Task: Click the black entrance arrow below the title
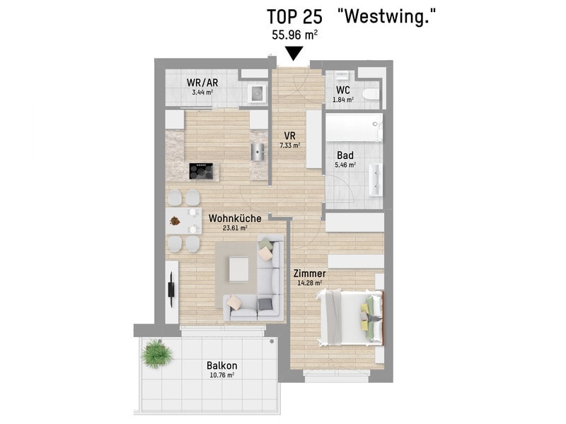[294, 54]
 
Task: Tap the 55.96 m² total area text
[294, 35]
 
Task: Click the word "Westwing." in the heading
[386, 16]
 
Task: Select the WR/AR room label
[202, 83]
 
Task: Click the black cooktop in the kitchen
[201, 171]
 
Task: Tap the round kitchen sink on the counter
[258, 151]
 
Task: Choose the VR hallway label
[290, 136]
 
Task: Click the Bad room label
[345, 155]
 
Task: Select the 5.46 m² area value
[345, 165]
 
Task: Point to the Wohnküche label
[235, 218]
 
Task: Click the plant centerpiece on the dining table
[175, 220]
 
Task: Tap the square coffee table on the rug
[238, 269]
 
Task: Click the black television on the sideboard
[171, 290]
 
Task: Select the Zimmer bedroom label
[310, 273]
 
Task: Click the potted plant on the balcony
[157, 353]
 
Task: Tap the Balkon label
[222, 365]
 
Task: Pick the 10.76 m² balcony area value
[222, 375]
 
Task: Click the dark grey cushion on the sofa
[265, 304]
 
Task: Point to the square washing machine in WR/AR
[257, 94]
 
